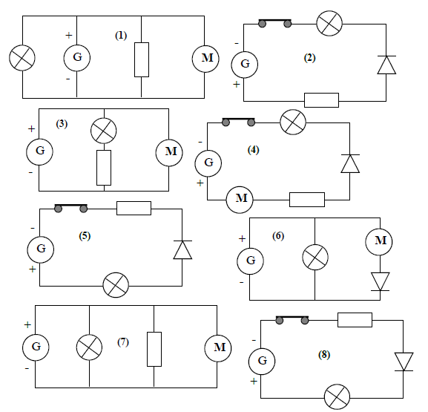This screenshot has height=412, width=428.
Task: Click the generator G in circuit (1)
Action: pyautogui.click(x=77, y=58)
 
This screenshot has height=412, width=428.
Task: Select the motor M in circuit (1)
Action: pyautogui.click(x=205, y=59)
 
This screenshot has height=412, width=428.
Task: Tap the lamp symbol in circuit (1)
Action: pyautogui.click(x=22, y=58)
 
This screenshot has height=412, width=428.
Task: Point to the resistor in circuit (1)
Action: pyautogui.click(x=142, y=59)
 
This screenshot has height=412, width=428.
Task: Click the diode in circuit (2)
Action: pyautogui.click(x=386, y=65)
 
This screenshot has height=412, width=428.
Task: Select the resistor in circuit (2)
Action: pyautogui.click(x=321, y=100)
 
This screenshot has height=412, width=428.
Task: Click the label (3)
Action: pyautogui.click(x=62, y=124)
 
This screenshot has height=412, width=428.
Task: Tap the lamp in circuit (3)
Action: pyautogui.click(x=103, y=131)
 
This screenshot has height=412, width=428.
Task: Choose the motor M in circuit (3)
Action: pyautogui.click(x=169, y=152)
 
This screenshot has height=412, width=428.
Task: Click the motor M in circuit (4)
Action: pyautogui.click(x=240, y=200)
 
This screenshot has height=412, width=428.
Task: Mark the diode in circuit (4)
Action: pyautogui.click(x=350, y=163)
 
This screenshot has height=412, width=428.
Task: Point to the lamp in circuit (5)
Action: pyautogui.click(x=116, y=285)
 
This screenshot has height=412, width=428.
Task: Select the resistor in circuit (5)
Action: pyautogui.click(x=134, y=208)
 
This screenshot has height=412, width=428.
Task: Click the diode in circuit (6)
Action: pyautogui.click(x=381, y=281)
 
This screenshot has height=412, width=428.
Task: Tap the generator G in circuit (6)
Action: pyautogui.click(x=250, y=261)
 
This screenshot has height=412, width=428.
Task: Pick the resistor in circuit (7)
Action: pyautogui.click(x=154, y=349)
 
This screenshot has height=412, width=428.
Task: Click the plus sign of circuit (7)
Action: pyautogui.click(x=27, y=324)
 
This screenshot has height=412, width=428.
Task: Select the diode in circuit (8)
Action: pyautogui.click(x=404, y=362)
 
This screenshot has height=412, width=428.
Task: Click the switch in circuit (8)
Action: pyautogui.click(x=292, y=320)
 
